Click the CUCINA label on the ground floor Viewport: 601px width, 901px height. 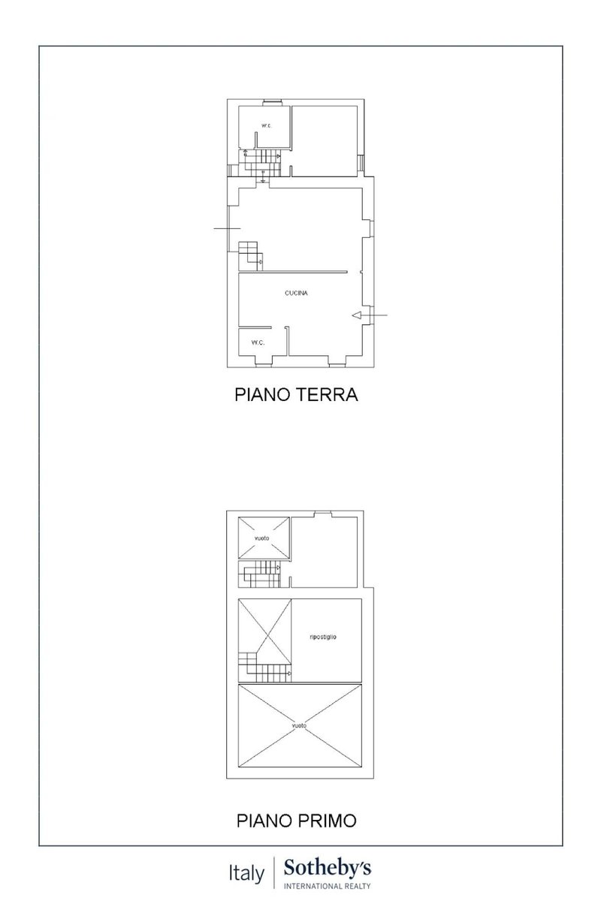296,293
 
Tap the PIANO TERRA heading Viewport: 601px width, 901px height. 296,395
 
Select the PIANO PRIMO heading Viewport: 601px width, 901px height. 296,821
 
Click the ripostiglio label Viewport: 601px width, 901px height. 323,637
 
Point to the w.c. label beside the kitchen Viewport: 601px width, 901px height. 258,342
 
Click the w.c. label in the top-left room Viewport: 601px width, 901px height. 267,125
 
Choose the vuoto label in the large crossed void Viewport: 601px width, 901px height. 299,725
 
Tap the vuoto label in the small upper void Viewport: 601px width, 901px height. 261,538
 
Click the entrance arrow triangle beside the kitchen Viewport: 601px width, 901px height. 357,315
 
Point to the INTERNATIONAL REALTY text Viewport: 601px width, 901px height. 327,886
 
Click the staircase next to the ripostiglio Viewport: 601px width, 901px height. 264,667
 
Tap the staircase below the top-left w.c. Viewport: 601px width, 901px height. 260,162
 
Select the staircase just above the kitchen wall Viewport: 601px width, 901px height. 250,256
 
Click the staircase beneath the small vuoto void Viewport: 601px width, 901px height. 259,574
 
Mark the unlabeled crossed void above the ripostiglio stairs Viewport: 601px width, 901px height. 264,632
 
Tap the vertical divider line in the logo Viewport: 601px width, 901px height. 274,873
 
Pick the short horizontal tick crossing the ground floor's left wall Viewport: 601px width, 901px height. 227,228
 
